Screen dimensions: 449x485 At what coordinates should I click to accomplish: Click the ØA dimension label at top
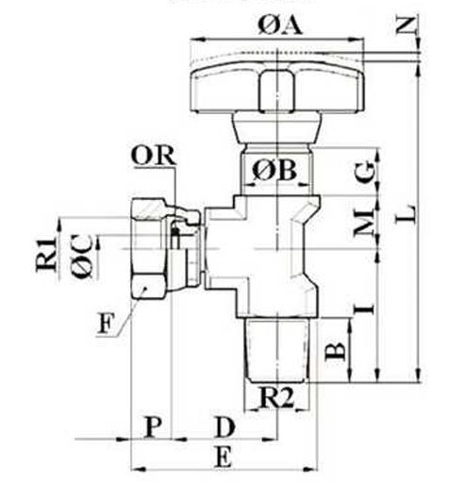[x=280, y=25]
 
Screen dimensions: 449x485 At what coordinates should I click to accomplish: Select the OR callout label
[x=153, y=156]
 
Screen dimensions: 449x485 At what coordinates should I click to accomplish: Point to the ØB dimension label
[x=274, y=171]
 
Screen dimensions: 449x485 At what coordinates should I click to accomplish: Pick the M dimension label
[x=365, y=223]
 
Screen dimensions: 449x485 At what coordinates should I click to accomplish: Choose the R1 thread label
[x=47, y=255]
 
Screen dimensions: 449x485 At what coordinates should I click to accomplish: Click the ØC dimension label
[x=82, y=257]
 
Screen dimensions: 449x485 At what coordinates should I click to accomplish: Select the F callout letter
[x=105, y=324]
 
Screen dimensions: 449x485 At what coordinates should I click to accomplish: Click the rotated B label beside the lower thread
[x=336, y=351]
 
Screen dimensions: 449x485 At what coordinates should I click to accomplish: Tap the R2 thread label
[x=276, y=398]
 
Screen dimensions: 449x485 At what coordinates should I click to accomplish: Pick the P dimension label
[x=153, y=426]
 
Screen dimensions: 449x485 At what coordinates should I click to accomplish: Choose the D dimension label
[x=225, y=426]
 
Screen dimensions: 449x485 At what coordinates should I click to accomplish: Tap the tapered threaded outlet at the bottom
[x=276, y=350]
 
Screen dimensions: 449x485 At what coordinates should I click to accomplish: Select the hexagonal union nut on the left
[x=149, y=248]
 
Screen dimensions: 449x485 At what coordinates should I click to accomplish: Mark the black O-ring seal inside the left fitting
[x=175, y=234]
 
